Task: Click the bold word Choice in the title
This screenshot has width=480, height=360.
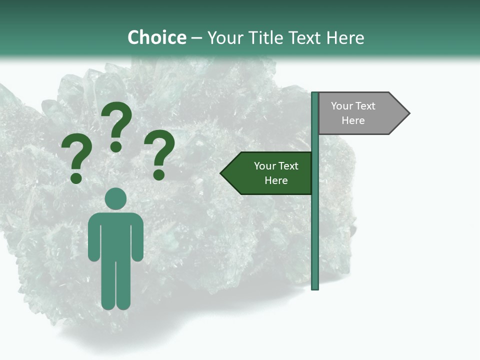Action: click(x=156, y=37)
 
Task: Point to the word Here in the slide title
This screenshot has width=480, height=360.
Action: click(x=345, y=37)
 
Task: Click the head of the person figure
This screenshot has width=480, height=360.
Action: click(x=116, y=198)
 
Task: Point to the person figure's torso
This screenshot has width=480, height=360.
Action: click(x=116, y=235)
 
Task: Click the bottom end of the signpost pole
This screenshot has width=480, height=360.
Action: click(x=315, y=287)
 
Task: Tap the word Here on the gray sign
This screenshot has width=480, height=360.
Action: click(x=353, y=120)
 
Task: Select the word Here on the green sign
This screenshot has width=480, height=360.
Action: click(x=276, y=180)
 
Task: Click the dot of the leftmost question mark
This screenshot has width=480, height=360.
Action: click(x=76, y=178)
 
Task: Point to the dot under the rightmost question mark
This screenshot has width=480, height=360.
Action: click(x=159, y=174)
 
